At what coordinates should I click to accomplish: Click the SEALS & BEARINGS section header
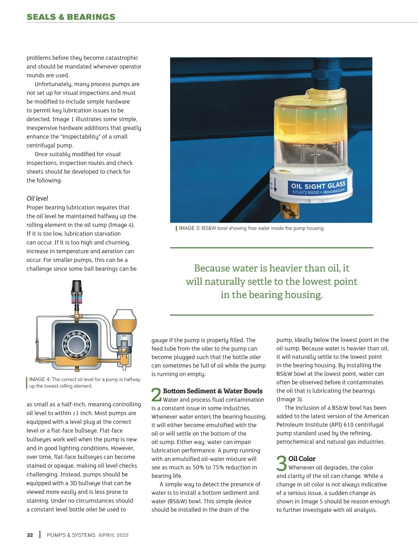click(x=71, y=17)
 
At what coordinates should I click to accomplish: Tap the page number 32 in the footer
click(x=30, y=535)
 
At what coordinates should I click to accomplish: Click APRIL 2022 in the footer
click(x=114, y=535)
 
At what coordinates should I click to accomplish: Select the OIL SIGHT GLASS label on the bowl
click(x=318, y=185)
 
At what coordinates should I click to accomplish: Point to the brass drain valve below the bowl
click(x=289, y=211)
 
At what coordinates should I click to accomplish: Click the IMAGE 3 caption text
click(x=251, y=228)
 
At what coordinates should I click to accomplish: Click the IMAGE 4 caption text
click(x=85, y=382)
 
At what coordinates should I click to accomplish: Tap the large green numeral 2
click(x=156, y=395)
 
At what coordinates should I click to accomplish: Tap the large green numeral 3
click(x=281, y=463)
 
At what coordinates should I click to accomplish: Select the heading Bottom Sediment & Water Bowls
click(x=213, y=391)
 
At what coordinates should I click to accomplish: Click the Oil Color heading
click(x=302, y=459)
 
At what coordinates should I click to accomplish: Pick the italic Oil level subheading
click(x=37, y=198)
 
